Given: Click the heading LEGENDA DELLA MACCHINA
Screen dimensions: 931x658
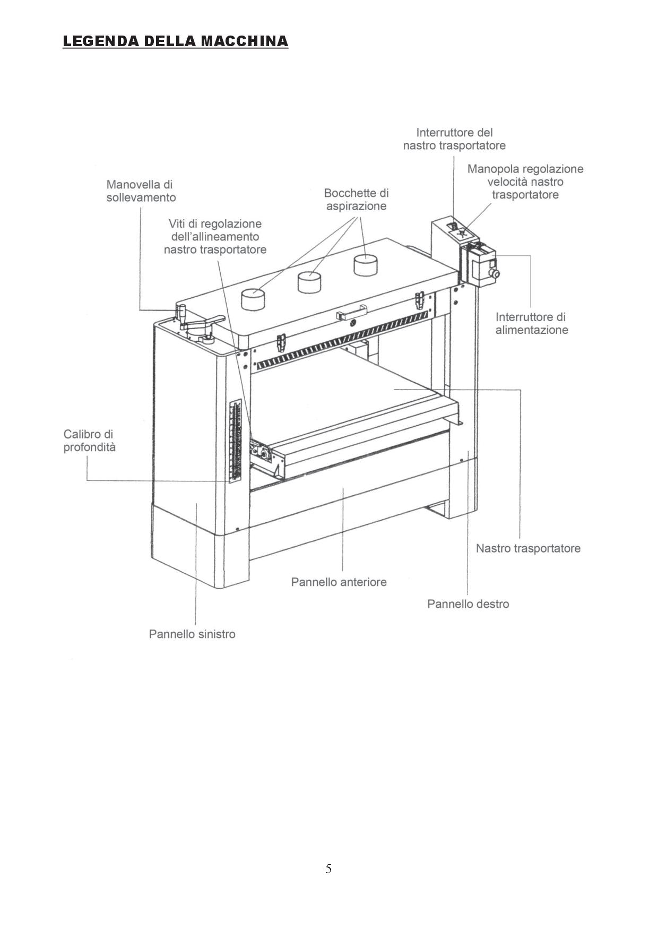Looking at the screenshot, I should pyautogui.click(x=175, y=41).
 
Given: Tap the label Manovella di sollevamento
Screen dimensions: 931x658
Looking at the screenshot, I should pyautogui.click(x=141, y=191).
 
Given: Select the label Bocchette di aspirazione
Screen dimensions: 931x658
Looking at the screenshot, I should pyautogui.click(x=356, y=200).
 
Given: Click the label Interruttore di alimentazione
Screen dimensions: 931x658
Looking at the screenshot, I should pyautogui.click(x=531, y=323).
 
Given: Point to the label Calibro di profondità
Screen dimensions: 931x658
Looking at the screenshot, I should pyautogui.click(x=89, y=441).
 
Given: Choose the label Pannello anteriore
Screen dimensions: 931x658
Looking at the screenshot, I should pyautogui.click(x=339, y=582).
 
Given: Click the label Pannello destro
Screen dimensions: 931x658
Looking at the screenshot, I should pyautogui.click(x=467, y=604).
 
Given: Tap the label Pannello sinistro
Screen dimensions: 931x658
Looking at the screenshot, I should pyautogui.click(x=192, y=634).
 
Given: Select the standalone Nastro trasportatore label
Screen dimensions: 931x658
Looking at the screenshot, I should pyautogui.click(x=527, y=548).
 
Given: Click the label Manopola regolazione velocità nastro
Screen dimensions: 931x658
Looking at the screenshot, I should pyautogui.click(x=525, y=182).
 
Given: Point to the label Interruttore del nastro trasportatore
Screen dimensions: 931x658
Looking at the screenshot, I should pyautogui.click(x=454, y=139).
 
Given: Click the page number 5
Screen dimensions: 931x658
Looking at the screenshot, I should pyautogui.click(x=328, y=869).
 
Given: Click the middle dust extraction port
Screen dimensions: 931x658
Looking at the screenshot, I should pyautogui.click(x=309, y=282).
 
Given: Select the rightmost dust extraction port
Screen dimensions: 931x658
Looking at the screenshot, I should pyautogui.click(x=365, y=264).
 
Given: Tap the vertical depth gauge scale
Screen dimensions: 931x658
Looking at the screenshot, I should pyautogui.click(x=235, y=441).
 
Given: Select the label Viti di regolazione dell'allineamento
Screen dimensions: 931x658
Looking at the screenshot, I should pyautogui.click(x=215, y=237).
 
